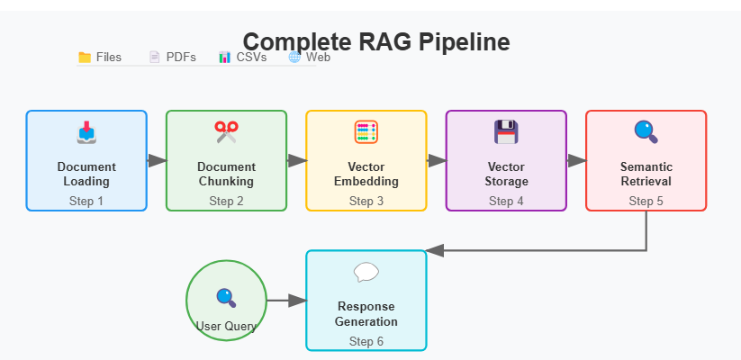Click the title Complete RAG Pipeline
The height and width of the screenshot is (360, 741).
pyautogui.click(x=376, y=41)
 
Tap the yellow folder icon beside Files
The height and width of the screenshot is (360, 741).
pyautogui.click(x=85, y=58)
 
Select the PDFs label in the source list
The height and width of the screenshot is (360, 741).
pyautogui.click(x=181, y=58)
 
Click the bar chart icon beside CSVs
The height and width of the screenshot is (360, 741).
pyautogui.click(x=224, y=58)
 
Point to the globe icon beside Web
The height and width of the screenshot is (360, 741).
pyautogui.click(x=294, y=58)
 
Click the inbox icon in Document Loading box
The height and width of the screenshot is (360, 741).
pyautogui.click(x=86, y=132)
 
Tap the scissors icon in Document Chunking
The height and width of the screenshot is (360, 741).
pyautogui.click(x=226, y=132)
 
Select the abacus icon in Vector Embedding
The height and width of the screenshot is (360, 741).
pyautogui.click(x=366, y=132)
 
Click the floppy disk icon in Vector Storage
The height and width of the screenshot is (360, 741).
pyautogui.click(x=506, y=132)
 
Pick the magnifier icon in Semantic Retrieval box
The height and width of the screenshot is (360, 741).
pyautogui.click(x=646, y=132)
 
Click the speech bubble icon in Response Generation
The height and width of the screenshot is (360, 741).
pyautogui.click(x=366, y=272)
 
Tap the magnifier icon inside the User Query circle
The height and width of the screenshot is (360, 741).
pyautogui.click(x=226, y=298)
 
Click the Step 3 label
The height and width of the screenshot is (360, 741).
pyautogui.click(x=366, y=202)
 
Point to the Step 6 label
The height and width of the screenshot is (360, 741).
pyautogui.click(x=366, y=341)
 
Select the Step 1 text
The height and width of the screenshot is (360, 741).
pyautogui.click(x=86, y=202)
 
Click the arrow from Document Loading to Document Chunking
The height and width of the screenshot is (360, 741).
pyautogui.click(x=157, y=160)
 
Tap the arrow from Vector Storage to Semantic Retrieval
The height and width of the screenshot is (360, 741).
pyautogui.click(x=576, y=160)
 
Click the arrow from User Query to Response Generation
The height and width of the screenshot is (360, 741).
pyautogui.click(x=287, y=301)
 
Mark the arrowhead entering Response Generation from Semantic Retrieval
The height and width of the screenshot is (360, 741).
pyautogui.click(x=435, y=251)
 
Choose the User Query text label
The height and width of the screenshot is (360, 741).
pyautogui.click(x=226, y=326)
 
